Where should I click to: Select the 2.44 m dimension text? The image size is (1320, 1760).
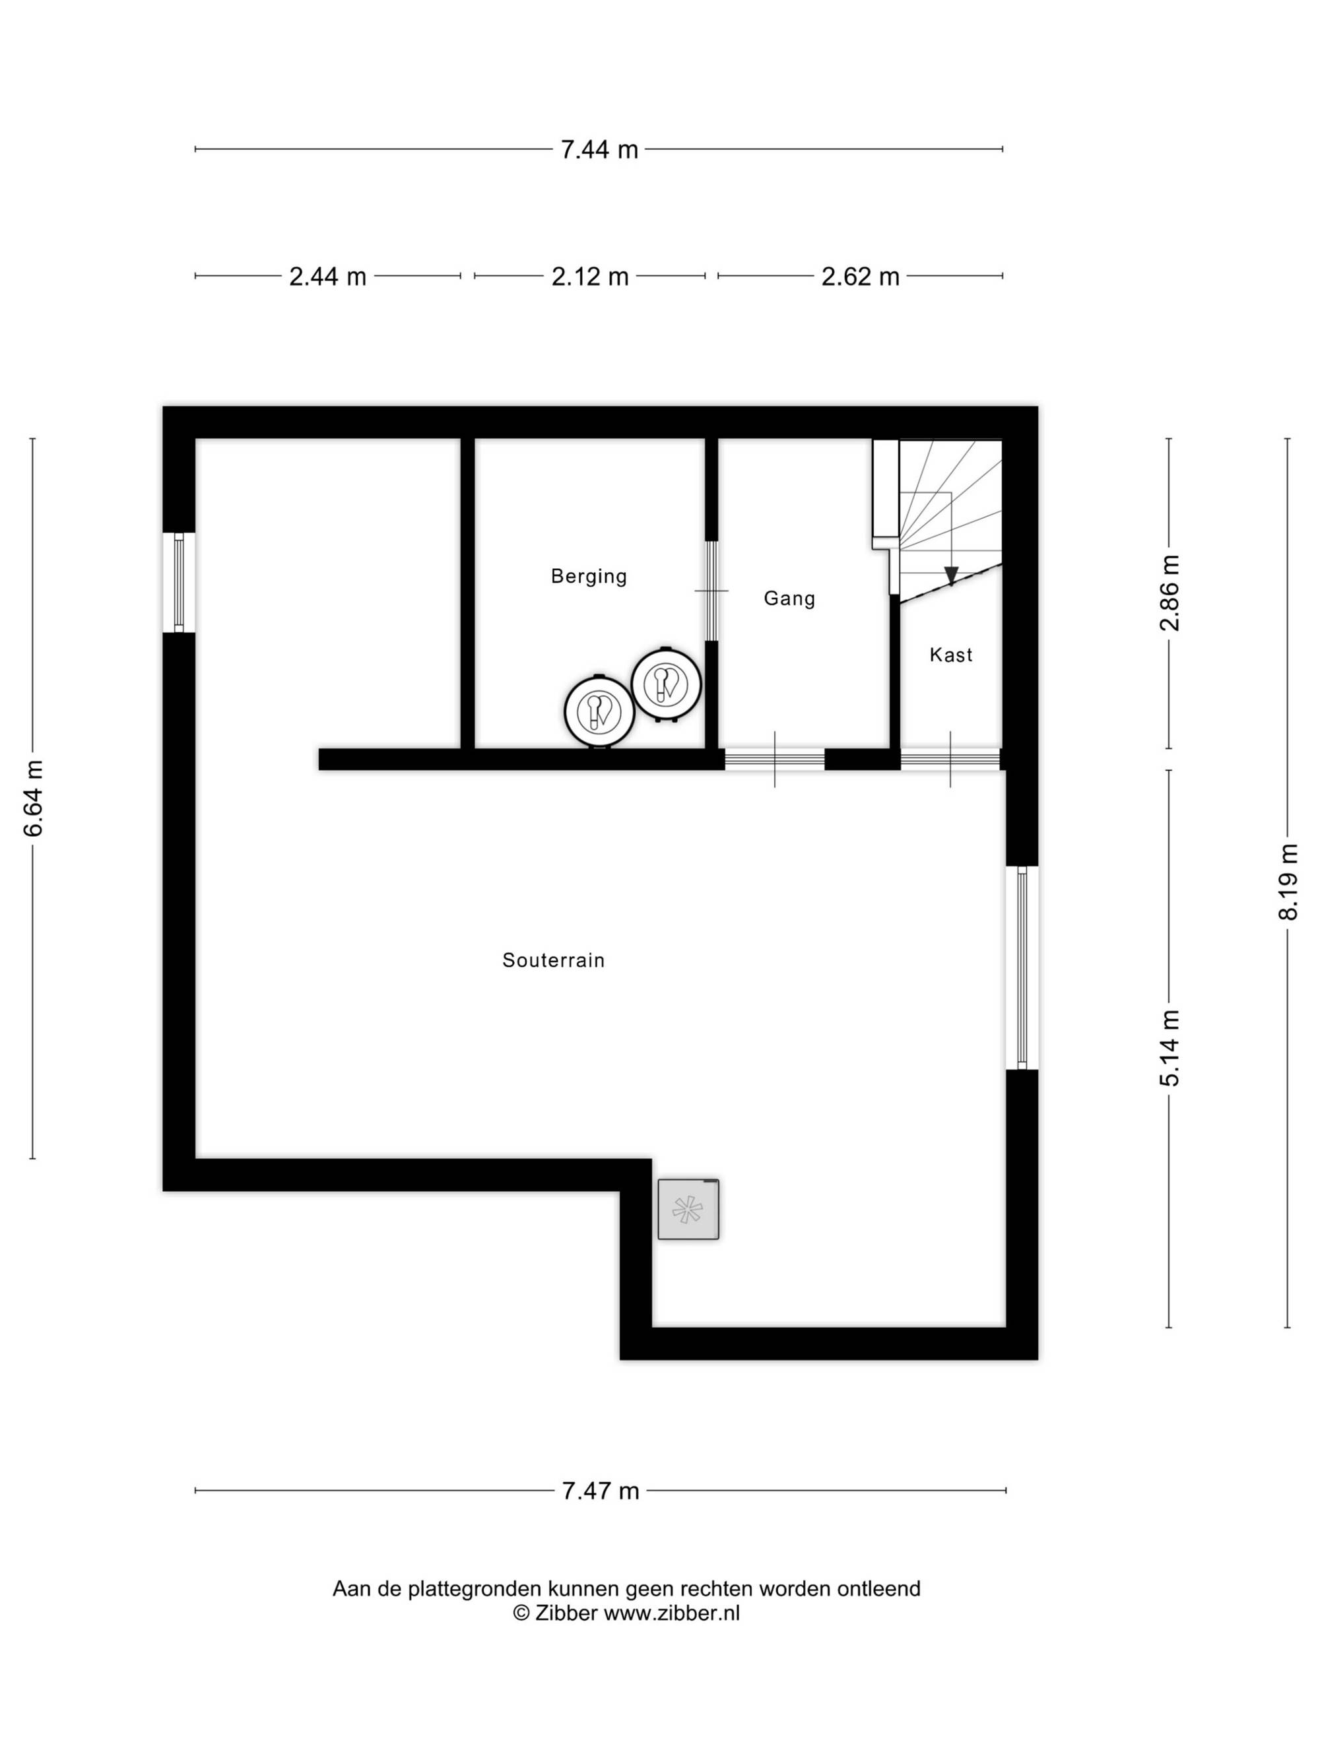pyautogui.click(x=327, y=276)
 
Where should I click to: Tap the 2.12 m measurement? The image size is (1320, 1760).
pyautogui.click(x=589, y=276)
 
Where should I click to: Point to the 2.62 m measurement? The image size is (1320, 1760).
pyautogui.click(x=860, y=276)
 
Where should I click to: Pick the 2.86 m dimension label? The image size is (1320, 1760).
pyautogui.click(x=1169, y=593)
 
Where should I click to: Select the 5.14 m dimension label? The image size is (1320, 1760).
pyautogui.click(x=1169, y=1048)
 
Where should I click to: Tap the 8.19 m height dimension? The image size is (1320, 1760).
pyautogui.click(x=1288, y=882)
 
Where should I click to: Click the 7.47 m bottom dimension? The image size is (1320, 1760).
pyautogui.click(x=601, y=1490)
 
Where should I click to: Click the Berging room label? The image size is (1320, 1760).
pyautogui.click(x=589, y=576)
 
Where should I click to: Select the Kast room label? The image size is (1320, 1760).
pyautogui.click(x=951, y=655)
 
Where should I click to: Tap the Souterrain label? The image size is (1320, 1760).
pyautogui.click(x=553, y=960)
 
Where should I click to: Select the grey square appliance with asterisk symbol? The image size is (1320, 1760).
pyautogui.click(x=688, y=1208)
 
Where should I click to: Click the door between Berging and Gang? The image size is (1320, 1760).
pyautogui.click(x=711, y=591)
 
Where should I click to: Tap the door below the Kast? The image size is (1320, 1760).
pyautogui.click(x=950, y=759)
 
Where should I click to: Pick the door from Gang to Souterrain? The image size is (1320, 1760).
pyautogui.click(x=774, y=759)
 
